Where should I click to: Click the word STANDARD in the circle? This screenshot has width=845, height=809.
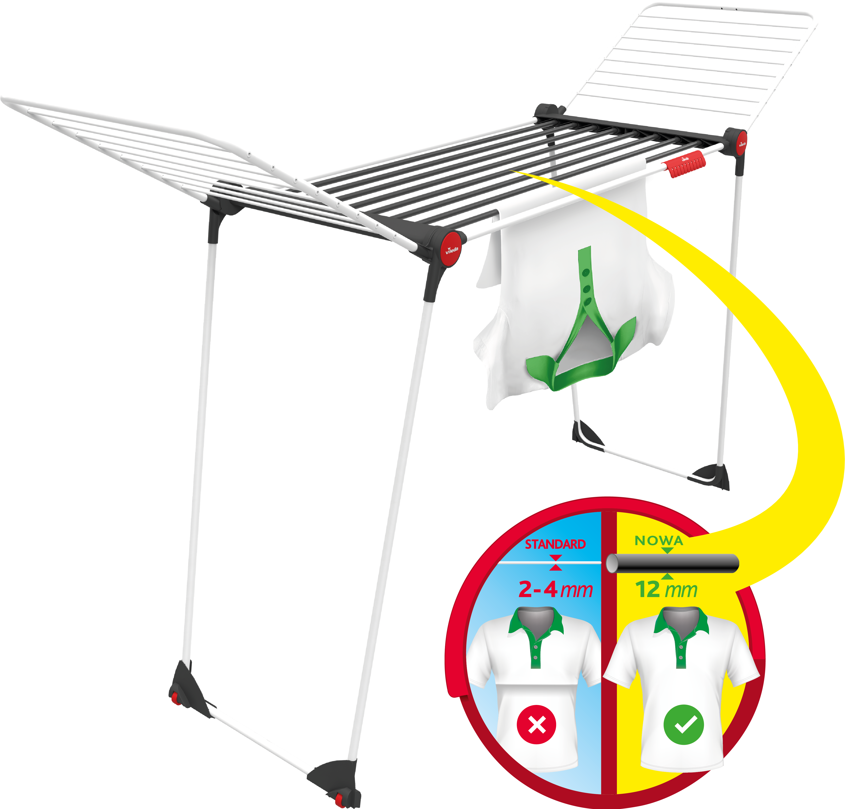tap(555, 544)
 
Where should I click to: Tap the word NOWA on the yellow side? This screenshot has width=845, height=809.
tap(659, 541)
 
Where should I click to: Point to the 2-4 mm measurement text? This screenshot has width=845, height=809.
tap(555, 589)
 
